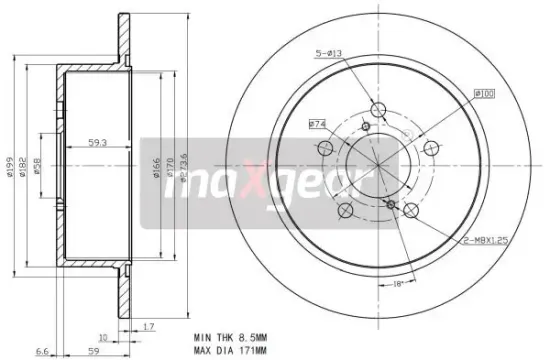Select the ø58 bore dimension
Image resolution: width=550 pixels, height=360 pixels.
tap(37, 163)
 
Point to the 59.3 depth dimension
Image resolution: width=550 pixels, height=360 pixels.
tap(97, 141)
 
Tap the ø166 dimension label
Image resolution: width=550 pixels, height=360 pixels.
tap(157, 162)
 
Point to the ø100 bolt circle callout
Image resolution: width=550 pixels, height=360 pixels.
tap(484, 95)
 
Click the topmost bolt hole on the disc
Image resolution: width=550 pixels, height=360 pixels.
tap(378, 109)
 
